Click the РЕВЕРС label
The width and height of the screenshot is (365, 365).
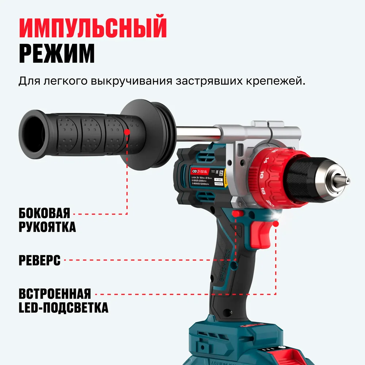[39, 261]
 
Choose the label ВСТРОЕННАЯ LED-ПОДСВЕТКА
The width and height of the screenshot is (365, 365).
[63, 300]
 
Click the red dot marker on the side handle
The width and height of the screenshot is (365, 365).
[127, 131]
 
